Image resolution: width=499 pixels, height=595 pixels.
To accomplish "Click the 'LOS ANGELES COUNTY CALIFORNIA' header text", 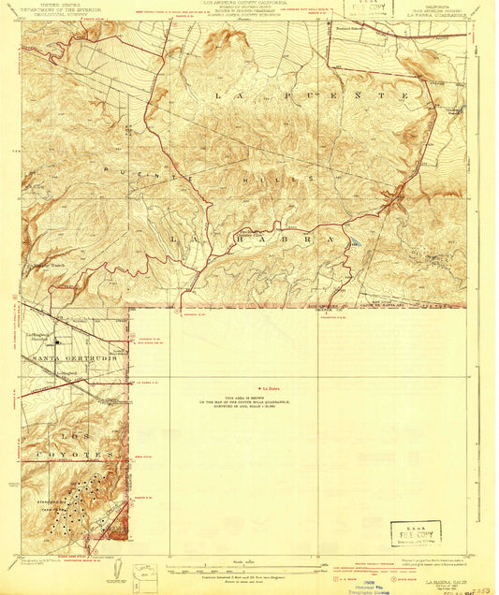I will tap(251, 5).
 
